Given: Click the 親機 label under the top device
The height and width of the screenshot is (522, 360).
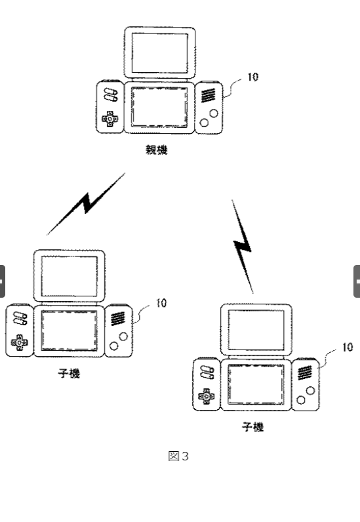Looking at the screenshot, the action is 157,150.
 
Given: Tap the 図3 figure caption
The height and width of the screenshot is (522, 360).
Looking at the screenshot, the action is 178,456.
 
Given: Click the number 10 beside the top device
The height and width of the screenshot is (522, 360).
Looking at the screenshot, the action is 252,77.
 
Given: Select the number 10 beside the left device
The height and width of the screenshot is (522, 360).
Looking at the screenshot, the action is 161,303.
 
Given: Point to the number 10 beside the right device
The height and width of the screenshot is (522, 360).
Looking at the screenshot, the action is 348,347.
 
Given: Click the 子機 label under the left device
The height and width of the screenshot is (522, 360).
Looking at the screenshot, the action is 69,374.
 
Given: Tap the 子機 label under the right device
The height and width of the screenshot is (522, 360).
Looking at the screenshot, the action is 253,427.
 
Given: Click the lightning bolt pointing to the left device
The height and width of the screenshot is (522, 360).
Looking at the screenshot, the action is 86,204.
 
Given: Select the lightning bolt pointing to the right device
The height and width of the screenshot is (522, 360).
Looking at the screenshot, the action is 243,247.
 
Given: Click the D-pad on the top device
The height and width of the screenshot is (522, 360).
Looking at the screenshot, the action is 110,119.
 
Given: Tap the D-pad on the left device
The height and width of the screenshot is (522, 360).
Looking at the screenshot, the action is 19,342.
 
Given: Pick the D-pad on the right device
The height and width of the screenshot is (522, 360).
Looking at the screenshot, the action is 207,396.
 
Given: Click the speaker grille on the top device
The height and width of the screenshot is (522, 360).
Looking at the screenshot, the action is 208,95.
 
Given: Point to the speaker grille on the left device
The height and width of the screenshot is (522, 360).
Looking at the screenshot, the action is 117,319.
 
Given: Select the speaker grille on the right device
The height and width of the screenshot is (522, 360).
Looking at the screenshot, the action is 305,372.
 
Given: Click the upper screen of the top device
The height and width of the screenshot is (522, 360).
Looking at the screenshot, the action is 160,53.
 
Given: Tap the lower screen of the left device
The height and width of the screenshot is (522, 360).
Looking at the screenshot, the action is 69,331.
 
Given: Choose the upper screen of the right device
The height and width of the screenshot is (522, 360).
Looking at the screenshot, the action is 256,330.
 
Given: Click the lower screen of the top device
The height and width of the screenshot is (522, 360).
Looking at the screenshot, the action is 159,107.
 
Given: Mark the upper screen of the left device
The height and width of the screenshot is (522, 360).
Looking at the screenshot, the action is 69,276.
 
